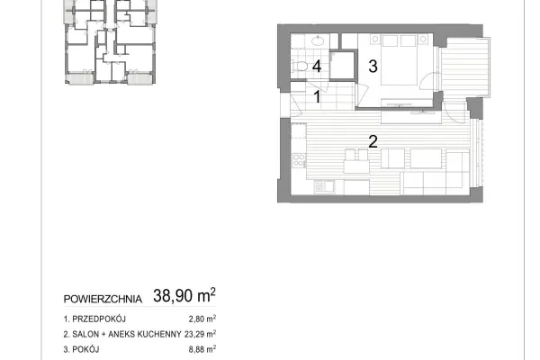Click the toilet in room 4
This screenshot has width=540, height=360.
(x=300, y=66)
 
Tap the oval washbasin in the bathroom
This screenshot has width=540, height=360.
(x=318, y=41)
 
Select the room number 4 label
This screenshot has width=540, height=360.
(x=317, y=66)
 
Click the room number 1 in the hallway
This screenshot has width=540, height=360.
(x=317, y=96)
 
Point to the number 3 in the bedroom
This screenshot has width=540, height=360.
(x=373, y=66)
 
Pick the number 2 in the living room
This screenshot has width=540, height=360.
(x=373, y=141)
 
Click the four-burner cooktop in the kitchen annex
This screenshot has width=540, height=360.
(x=299, y=160)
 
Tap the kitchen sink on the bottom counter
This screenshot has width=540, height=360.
(x=324, y=187)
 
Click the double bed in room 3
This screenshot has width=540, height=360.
(x=399, y=59)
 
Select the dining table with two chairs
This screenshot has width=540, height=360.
(x=356, y=161)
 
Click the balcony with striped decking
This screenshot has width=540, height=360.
(x=465, y=67)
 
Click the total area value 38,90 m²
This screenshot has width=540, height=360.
(x=184, y=295)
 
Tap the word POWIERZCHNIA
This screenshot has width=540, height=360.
(x=103, y=299)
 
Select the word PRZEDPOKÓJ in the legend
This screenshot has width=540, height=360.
(x=99, y=319)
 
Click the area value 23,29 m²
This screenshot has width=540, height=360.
(x=200, y=334)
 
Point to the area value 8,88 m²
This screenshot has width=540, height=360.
(x=202, y=349)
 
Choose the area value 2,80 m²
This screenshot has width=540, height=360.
(x=202, y=319)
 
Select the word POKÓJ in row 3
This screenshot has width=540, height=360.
(x=85, y=349)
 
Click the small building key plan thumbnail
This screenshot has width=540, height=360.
(x=110, y=42)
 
